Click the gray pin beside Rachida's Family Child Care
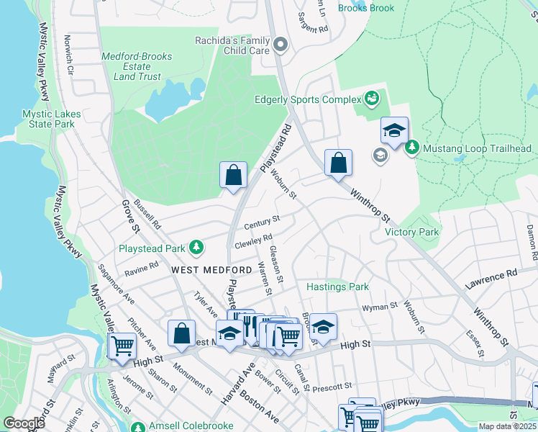[x=281, y=45]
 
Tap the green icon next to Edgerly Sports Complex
[x=372, y=97]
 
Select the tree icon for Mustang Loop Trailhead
[x=411, y=148]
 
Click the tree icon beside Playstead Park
[x=196, y=248]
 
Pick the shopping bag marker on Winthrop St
[x=338, y=163]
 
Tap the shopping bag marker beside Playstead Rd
[x=233, y=175]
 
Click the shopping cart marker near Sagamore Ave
[x=122, y=346]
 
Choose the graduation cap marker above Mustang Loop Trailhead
[x=394, y=131]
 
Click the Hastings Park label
[x=337, y=287]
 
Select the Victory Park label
[x=411, y=232]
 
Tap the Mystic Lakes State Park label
[x=49, y=119]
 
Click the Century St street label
[x=261, y=223]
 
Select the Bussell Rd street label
[x=147, y=216]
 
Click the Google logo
[x=24, y=423]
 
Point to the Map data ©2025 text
[x=507, y=426]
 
